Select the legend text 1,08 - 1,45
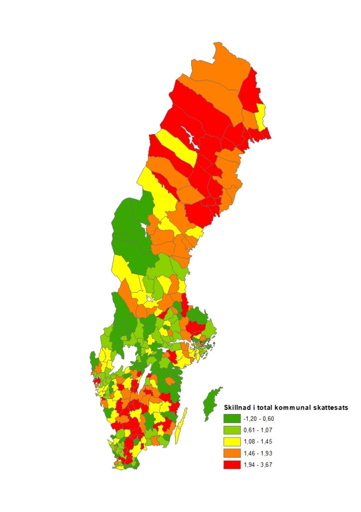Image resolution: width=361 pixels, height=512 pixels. [x=260, y=441]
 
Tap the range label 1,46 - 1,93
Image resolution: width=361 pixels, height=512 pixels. [x=260, y=453]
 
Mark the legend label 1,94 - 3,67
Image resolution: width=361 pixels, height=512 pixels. [x=260, y=464]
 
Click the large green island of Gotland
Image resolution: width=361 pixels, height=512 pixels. [x=213, y=402]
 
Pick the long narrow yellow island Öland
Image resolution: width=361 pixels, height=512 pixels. [x=182, y=422]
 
